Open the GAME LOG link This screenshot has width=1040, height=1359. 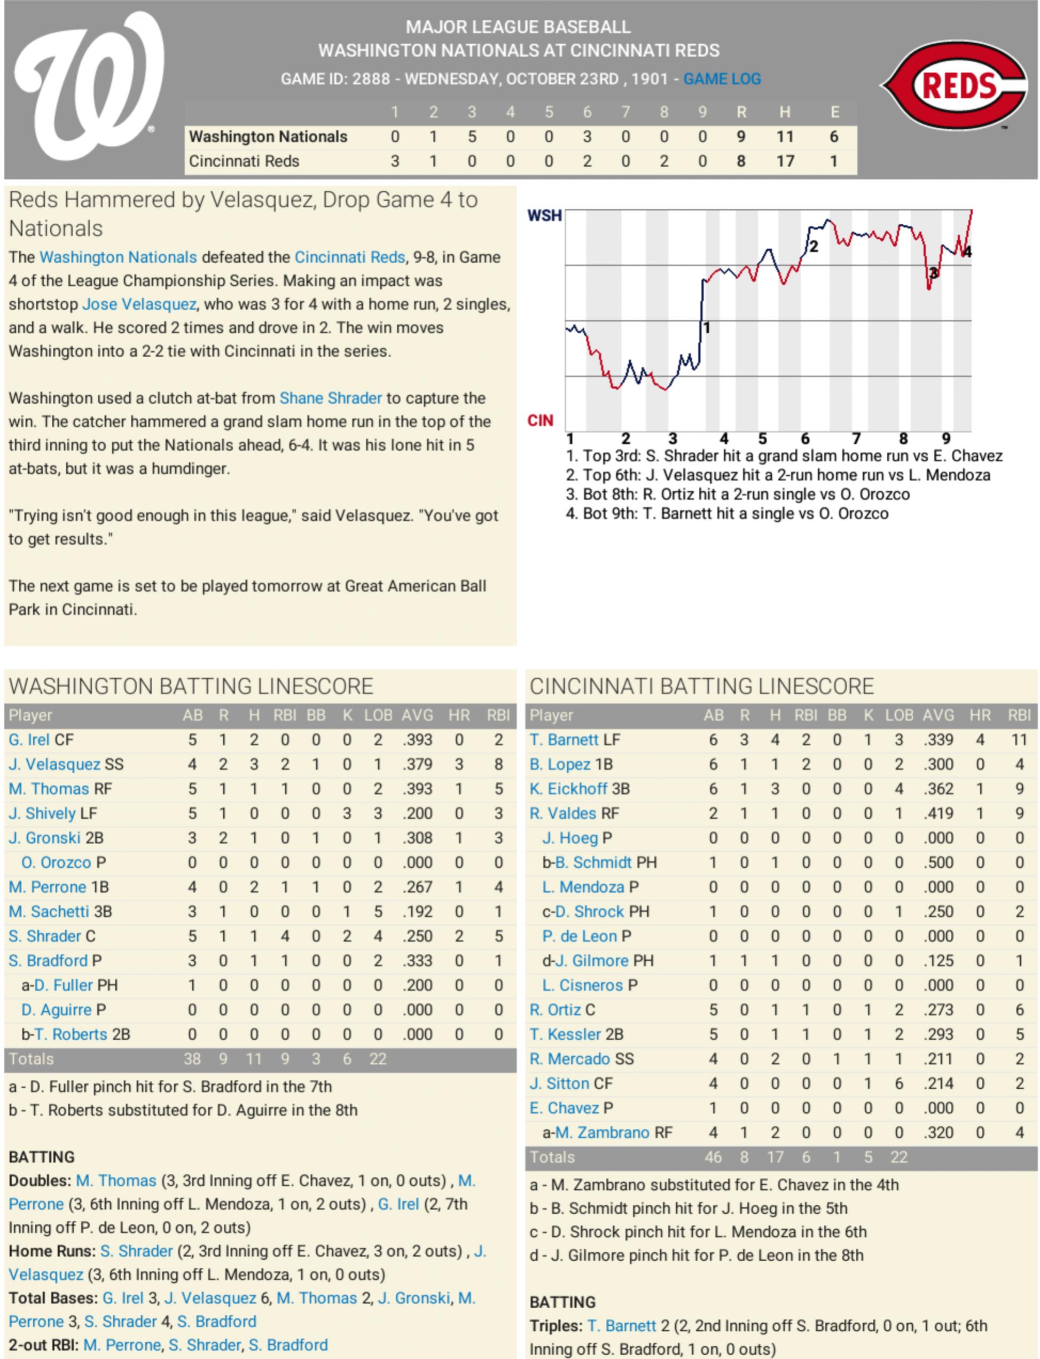[722, 79]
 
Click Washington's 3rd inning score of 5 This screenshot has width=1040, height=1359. [472, 136]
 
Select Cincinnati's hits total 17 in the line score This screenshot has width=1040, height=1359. [785, 161]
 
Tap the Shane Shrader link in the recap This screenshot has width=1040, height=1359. [331, 398]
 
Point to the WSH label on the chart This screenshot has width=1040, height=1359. [544, 215]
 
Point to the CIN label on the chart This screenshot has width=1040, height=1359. [540, 421]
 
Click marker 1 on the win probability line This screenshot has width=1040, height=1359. [706, 327]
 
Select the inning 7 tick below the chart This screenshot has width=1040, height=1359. [856, 439]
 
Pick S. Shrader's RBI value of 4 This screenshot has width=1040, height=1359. [285, 936]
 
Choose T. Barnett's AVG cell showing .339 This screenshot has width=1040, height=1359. [938, 740]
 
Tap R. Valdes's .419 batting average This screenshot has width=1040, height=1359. [938, 813]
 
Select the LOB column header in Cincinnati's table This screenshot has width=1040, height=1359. [899, 716]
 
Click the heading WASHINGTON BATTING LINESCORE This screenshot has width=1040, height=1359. [191, 686]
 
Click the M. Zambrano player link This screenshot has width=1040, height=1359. [601, 1133]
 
